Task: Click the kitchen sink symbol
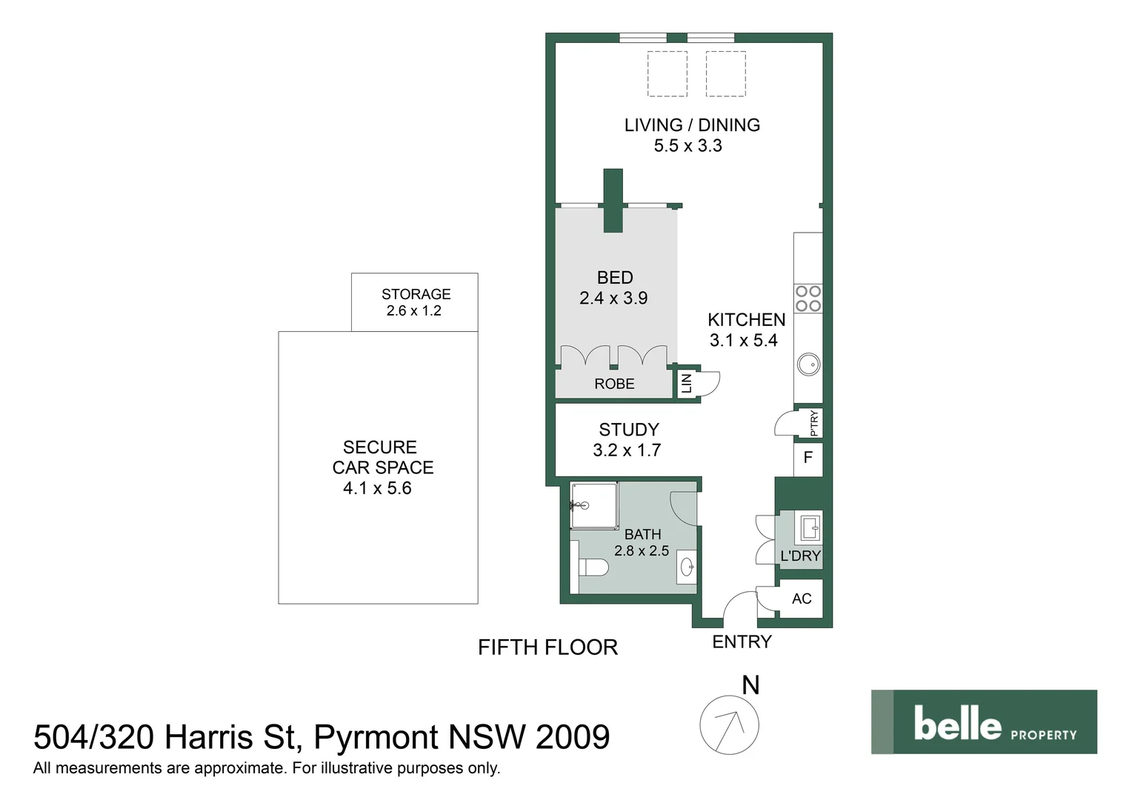(808, 364)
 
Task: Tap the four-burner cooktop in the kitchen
(808, 299)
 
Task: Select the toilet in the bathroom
(593, 568)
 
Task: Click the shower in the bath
(593, 506)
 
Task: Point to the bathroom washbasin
(687, 568)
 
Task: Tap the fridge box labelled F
(808, 458)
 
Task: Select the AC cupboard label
(802, 599)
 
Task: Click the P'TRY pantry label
(813, 423)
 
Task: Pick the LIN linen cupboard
(687, 383)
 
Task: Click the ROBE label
(614, 384)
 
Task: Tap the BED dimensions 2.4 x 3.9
(613, 299)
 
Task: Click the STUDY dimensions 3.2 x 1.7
(627, 450)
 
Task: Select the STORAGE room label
(416, 294)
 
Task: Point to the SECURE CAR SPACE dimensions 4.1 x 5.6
(377, 488)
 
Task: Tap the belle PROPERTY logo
(984, 722)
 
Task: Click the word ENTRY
(742, 642)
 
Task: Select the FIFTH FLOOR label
(547, 647)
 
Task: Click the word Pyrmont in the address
(376, 737)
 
